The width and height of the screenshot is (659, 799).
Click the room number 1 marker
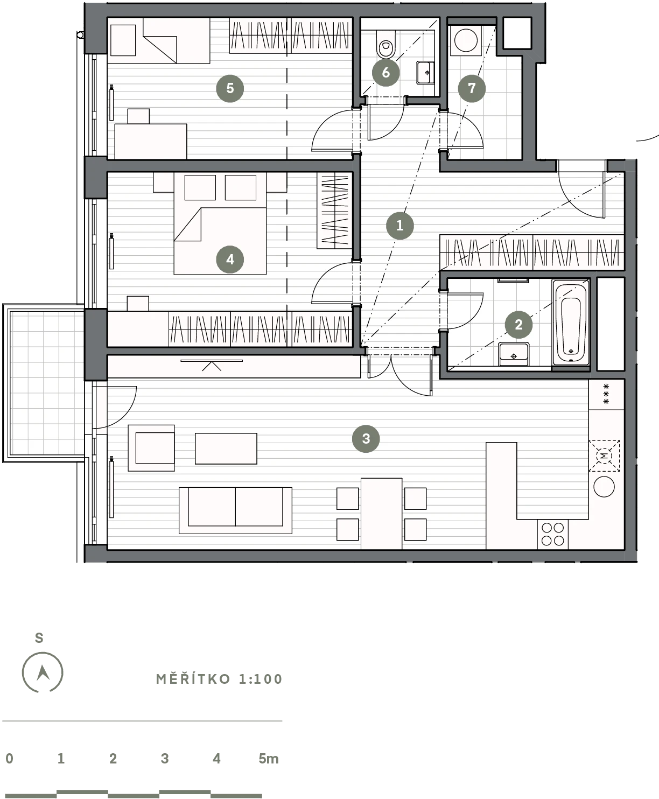click(399, 226)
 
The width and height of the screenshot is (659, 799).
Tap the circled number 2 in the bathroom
click(518, 325)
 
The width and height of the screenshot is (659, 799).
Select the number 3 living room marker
click(366, 438)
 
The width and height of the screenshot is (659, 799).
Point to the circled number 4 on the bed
click(230, 260)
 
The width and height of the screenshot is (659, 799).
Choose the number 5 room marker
click(230, 88)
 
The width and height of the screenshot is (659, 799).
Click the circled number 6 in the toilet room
click(385, 72)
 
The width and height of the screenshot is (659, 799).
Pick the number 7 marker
click(472, 88)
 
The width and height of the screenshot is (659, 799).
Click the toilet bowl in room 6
click(385, 44)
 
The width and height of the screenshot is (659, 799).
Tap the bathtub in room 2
click(570, 324)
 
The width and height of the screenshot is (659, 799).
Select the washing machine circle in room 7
click(466, 40)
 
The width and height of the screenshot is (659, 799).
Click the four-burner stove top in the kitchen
click(552, 534)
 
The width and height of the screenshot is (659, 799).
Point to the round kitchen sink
click(604, 487)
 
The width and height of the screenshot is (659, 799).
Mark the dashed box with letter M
click(604, 455)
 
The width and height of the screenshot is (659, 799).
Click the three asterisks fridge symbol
click(606, 394)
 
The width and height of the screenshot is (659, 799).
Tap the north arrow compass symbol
click(43, 672)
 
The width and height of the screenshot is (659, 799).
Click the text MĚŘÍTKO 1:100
click(219, 679)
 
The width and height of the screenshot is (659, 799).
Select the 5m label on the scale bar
click(269, 759)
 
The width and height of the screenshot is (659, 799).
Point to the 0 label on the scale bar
click(10, 759)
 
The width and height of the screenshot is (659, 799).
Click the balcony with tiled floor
click(44, 383)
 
